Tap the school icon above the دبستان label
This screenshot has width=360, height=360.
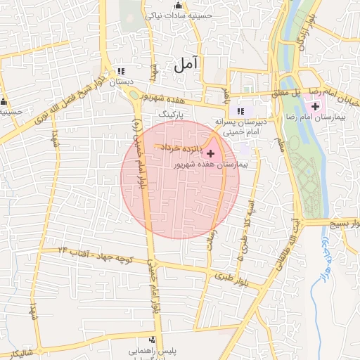121,71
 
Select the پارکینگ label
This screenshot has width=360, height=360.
172,112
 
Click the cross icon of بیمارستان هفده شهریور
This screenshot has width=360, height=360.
211,153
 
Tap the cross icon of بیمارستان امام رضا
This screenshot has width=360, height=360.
316,106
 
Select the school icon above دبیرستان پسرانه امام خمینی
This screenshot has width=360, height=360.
242,110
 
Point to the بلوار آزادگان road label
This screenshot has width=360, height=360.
301,32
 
